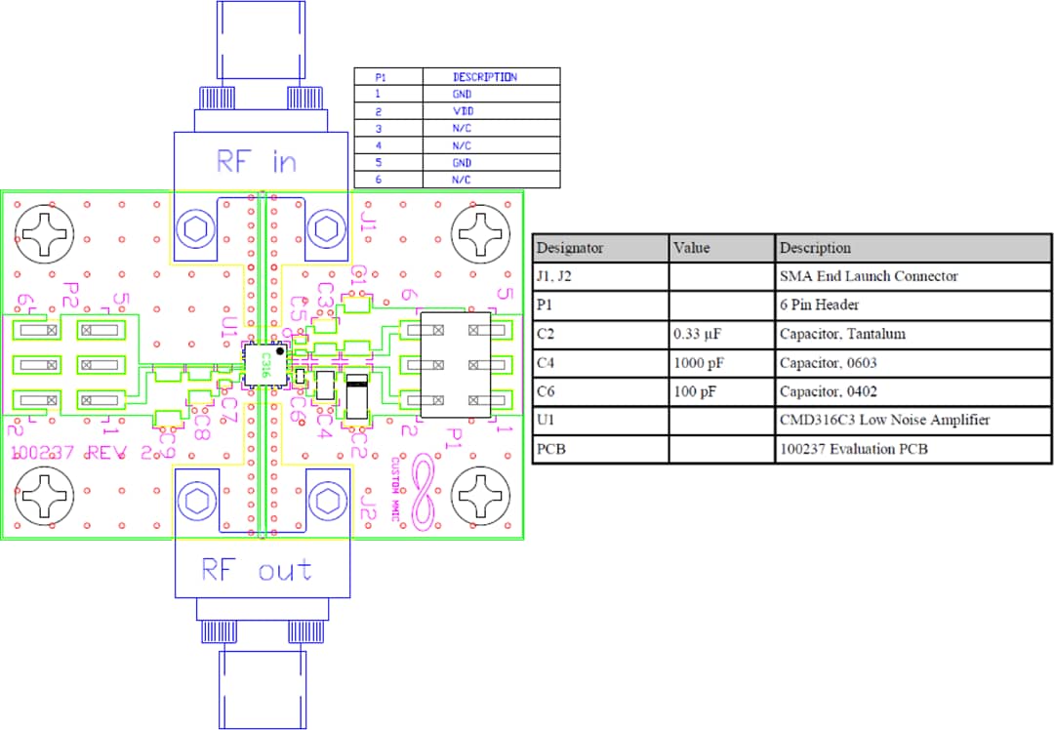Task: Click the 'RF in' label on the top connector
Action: (x=256, y=161)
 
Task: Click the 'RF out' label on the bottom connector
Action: (x=257, y=570)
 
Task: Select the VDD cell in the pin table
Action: (x=462, y=111)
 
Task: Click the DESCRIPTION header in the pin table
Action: (x=484, y=76)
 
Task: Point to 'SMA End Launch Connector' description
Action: (x=869, y=276)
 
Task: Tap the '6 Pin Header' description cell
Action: (x=820, y=305)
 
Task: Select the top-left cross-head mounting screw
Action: (x=44, y=233)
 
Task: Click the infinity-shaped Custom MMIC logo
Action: (x=426, y=492)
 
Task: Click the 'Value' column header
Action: (x=691, y=248)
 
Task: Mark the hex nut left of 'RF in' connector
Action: (x=195, y=229)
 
